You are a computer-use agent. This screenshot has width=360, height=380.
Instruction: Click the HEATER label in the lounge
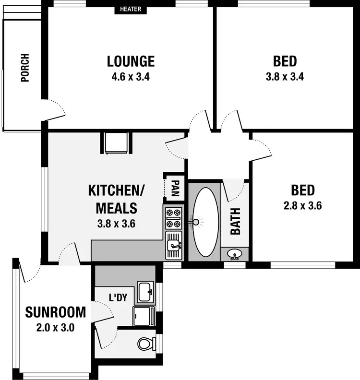click(131, 9)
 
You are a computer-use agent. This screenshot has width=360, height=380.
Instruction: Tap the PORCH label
click(25, 68)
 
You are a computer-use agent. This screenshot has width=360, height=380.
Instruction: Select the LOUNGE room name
click(131, 61)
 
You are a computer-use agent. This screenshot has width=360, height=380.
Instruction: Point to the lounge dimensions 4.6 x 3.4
click(131, 76)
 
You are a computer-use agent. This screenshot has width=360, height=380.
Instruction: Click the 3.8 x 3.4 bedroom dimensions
click(285, 76)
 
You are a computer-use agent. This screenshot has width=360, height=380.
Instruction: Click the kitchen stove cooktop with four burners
click(174, 217)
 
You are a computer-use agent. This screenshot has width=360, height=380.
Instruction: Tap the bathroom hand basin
click(235, 254)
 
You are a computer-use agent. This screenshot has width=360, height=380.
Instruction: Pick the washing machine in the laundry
click(144, 316)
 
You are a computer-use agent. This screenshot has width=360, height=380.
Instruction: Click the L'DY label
click(118, 297)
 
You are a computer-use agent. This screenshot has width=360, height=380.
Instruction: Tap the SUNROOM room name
click(56, 312)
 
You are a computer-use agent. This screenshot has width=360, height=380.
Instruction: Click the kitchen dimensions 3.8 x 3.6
click(116, 223)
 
